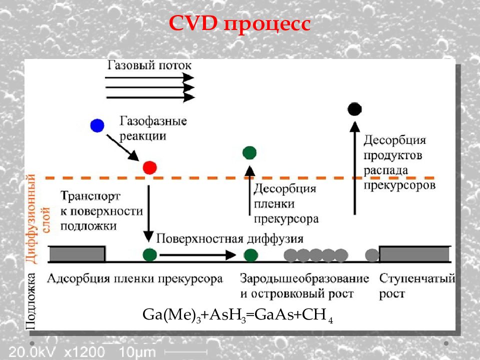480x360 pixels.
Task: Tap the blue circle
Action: point(97,125)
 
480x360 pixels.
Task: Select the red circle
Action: point(149,168)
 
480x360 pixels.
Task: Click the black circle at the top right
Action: point(354,109)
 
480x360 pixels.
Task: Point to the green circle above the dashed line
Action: point(249,153)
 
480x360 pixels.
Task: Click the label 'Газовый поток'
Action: point(149,65)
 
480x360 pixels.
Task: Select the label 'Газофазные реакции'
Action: point(153,128)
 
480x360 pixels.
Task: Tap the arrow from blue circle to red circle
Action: point(123,148)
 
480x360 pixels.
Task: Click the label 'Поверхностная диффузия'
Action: point(230,239)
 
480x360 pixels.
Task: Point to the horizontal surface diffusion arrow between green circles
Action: point(198,254)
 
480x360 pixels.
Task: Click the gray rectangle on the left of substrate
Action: point(77,254)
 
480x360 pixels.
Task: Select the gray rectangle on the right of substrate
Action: point(415,254)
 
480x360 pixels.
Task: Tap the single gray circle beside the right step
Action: point(372,255)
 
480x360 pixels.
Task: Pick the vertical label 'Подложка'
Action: point(31,301)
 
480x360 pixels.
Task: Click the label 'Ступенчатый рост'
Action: point(417,286)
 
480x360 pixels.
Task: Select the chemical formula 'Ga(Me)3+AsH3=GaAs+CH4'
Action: point(238,315)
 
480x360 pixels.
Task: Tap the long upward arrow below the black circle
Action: point(355,168)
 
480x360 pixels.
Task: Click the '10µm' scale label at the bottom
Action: point(137,352)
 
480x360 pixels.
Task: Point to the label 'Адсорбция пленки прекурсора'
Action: point(135,279)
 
